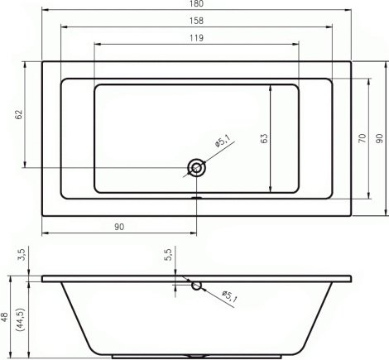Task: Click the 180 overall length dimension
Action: point(196,3)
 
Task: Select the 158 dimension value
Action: point(196,21)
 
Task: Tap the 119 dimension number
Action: point(196,38)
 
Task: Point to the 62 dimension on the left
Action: point(19,114)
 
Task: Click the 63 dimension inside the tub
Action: point(264,138)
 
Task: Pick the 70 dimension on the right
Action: point(363,138)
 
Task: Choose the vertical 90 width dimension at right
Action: point(380,138)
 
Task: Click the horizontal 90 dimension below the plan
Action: point(119,227)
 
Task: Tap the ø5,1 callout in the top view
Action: point(222,141)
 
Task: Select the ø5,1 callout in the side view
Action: point(229,296)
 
